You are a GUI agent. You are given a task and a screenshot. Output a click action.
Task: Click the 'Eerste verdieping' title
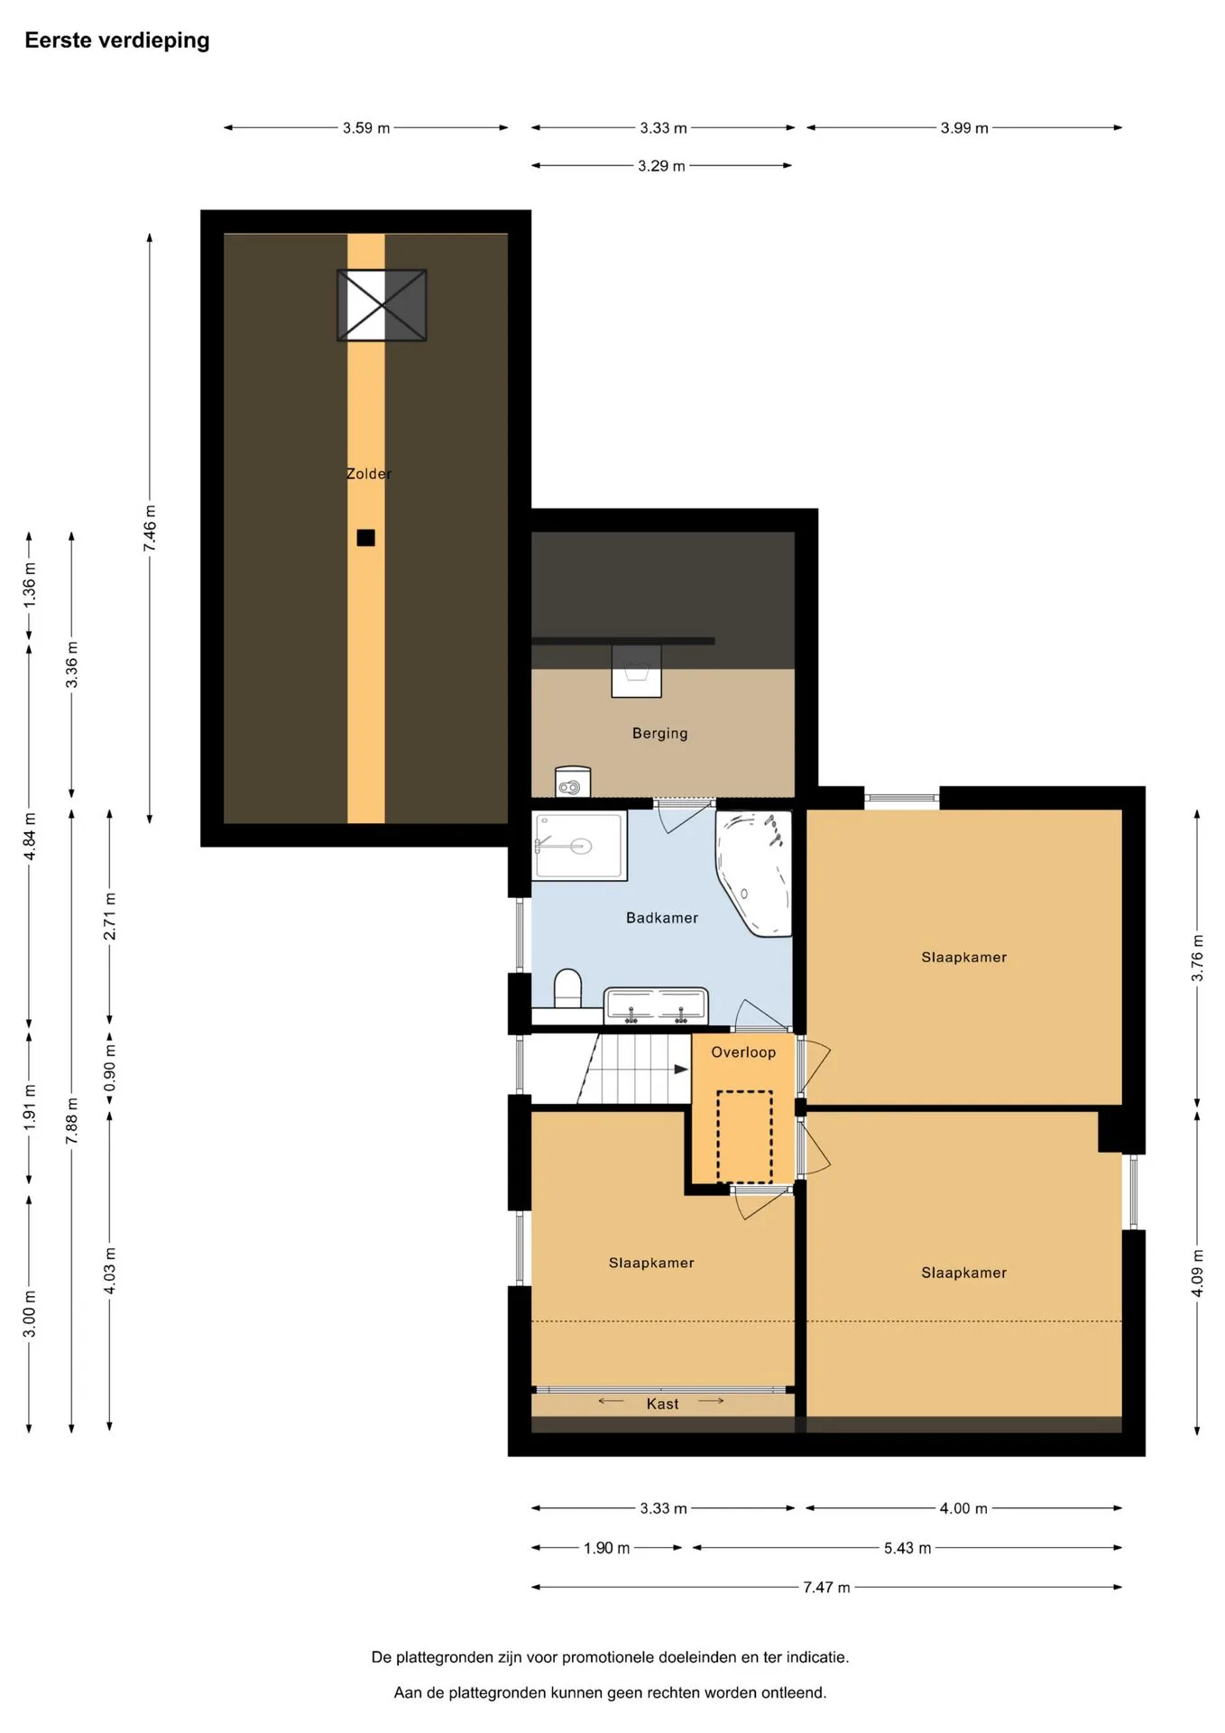pos(117,41)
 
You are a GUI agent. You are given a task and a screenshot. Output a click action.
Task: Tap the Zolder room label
pos(369,474)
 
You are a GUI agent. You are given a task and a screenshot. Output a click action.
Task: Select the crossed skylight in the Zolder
pos(382,305)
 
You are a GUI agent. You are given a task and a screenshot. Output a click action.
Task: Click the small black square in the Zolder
pos(365,538)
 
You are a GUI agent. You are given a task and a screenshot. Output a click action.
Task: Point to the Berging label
pos(660,734)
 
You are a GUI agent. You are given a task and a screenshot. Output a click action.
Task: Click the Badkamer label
pos(662,918)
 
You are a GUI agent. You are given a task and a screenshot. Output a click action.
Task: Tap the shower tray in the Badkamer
pos(579,846)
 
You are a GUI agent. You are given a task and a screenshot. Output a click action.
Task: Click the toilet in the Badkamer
pos(567,988)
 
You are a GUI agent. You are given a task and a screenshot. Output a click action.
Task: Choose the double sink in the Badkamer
pos(656,1006)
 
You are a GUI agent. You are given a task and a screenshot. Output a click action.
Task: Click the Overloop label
pos(743,1052)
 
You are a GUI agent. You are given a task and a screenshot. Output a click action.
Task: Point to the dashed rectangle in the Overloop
pos(745,1137)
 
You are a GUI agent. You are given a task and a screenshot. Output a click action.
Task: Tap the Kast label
pos(663,1404)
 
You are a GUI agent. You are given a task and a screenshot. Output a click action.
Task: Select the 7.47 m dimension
pos(826,1588)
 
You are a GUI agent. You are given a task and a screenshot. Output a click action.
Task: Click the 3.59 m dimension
pos(366,128)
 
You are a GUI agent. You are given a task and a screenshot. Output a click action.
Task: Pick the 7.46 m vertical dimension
pos(150,529)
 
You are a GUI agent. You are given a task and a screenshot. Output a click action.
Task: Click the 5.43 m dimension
pos(907,1548)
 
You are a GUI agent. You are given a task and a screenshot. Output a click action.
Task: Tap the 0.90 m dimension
pos(110,1069)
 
